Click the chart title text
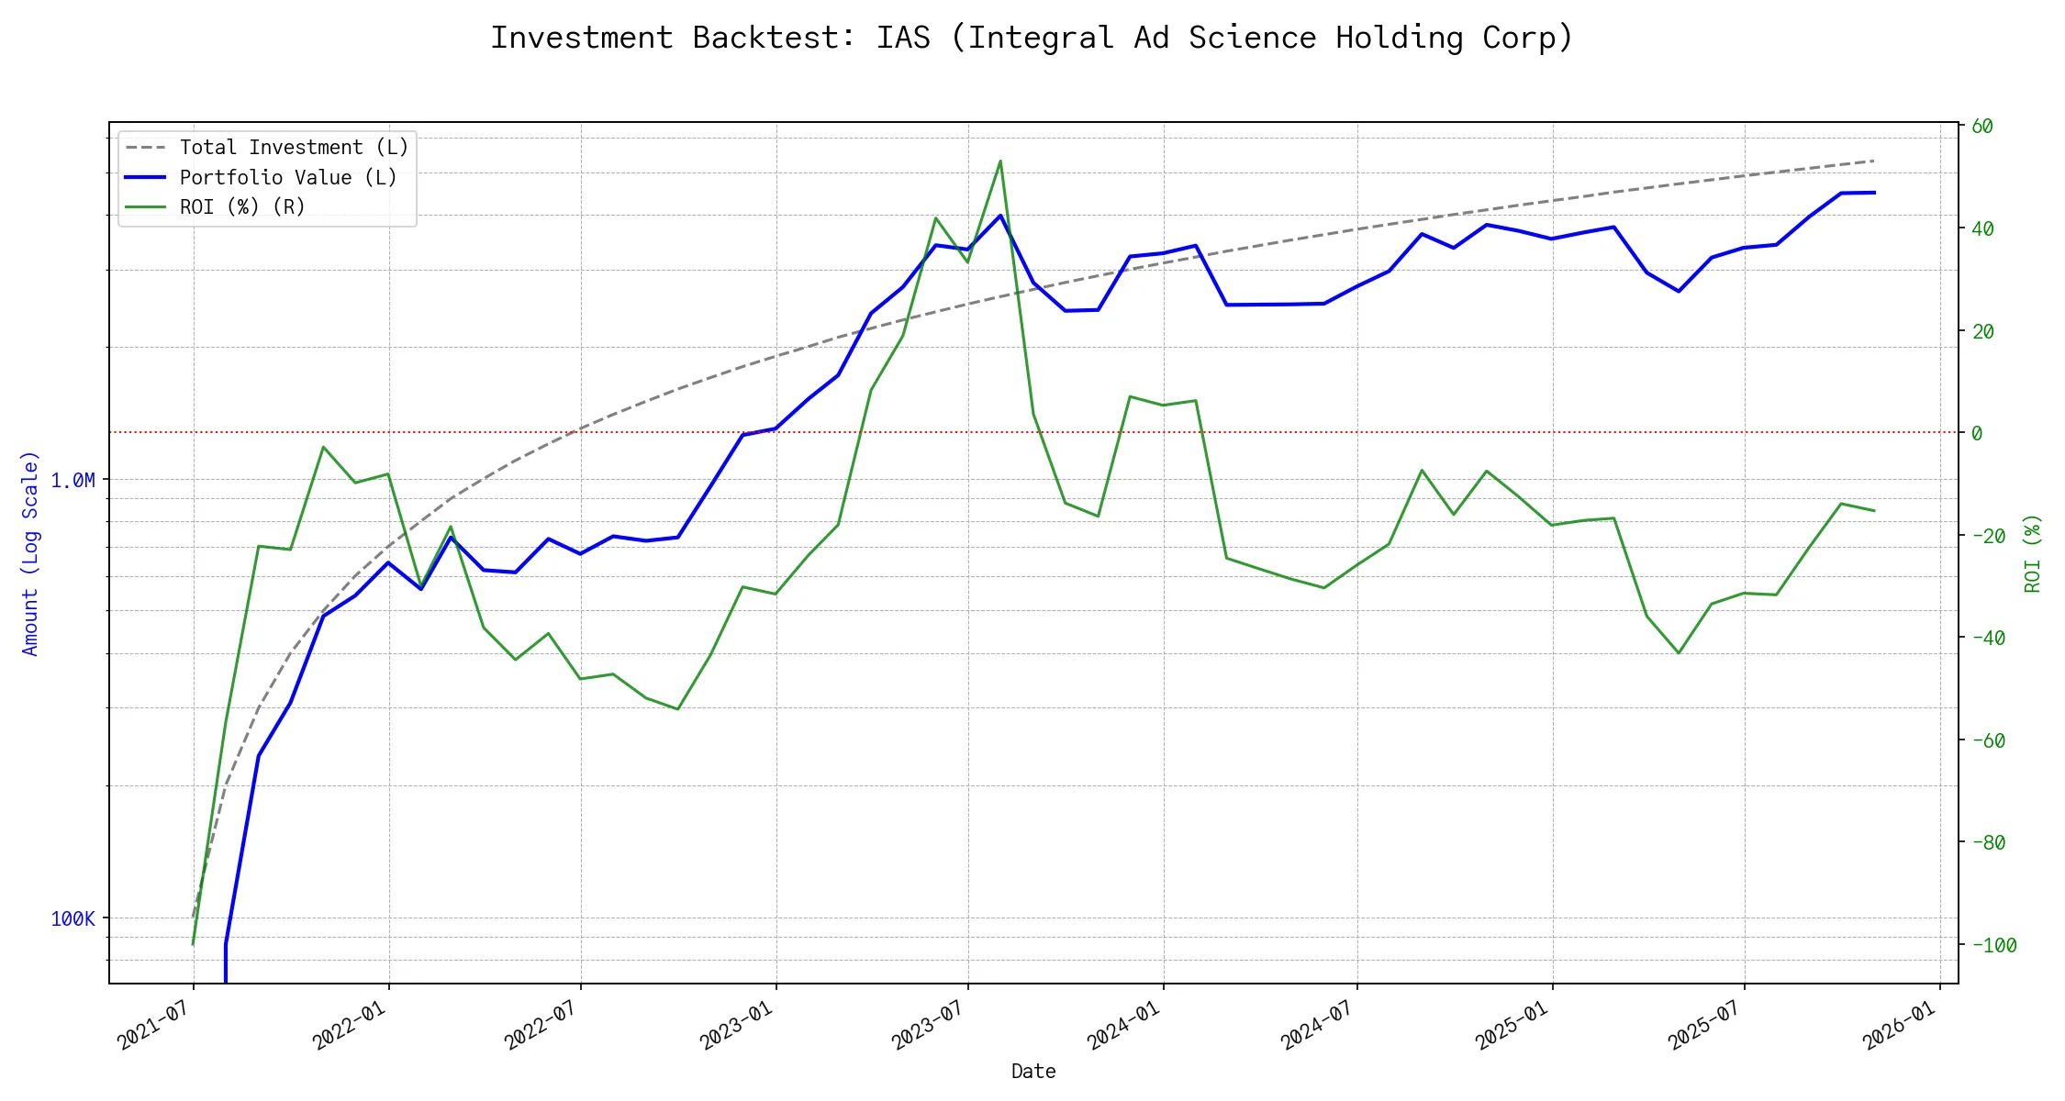coord(1032,39)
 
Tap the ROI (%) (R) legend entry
coord(242,207)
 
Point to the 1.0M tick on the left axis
coord(73,481)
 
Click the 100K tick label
coord(73,919)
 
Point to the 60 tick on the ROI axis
coord(1982,127)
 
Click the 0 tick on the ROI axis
coord(1977,433)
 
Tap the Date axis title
coord(1033,1072)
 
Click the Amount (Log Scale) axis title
coord(30,553)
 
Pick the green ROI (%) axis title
coord(2032,553)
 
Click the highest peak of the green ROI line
coord(1000,161)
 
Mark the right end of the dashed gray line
coord(1874,161)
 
